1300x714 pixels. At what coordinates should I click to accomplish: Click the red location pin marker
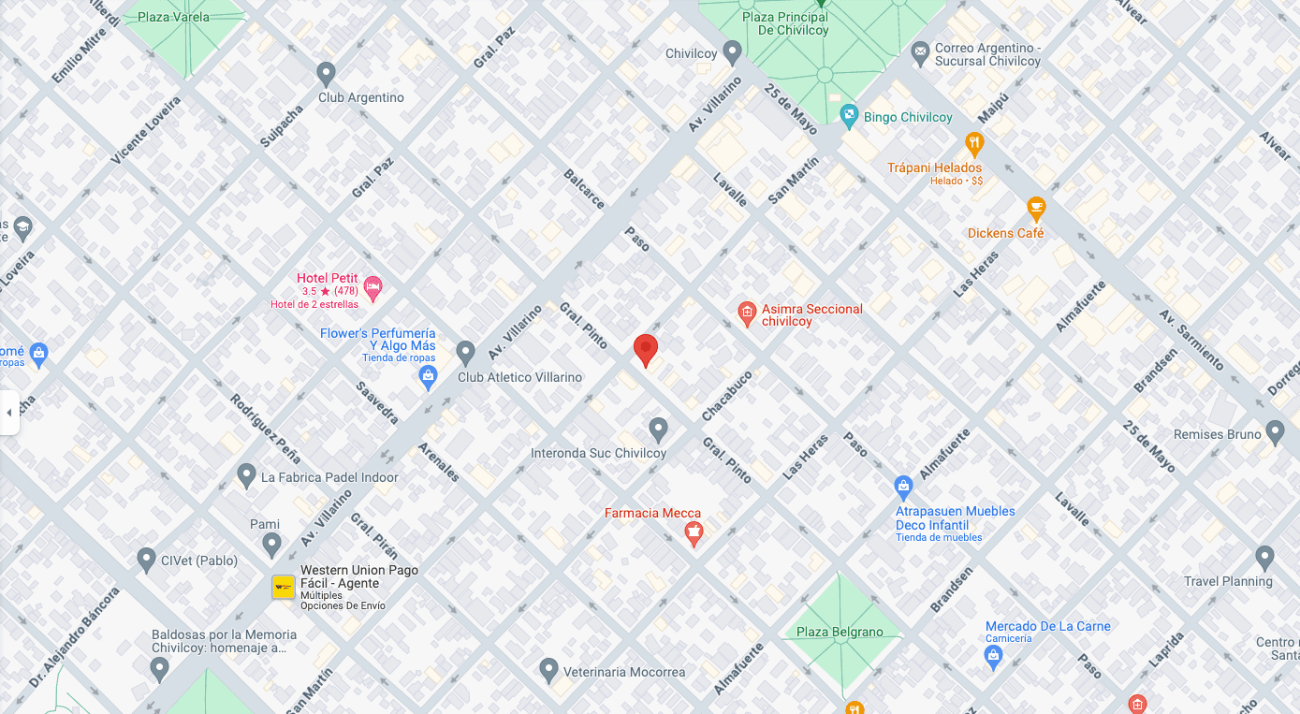pyautogui.click(x=646, y=349)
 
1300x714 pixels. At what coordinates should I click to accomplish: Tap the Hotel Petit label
pyautogui.click(x=327, y=278)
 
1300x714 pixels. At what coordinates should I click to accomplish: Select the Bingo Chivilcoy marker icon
pyautogui.click(x=849, y=117)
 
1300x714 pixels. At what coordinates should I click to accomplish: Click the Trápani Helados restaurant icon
pyautogui.click(x=974, y=144)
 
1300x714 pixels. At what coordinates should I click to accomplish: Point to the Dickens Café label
pyautogui.click(x=1005, y=233)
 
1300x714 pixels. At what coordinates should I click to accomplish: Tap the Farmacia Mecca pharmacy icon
pyautogui.click(x=694, y=534)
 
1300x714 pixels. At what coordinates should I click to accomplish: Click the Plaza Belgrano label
pyautogui.click(x=840, y=632)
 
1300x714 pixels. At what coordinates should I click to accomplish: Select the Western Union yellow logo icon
pyautogui.click(x=284, y=587)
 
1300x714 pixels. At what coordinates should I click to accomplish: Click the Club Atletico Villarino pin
pyautogui.click(x=465, y=354)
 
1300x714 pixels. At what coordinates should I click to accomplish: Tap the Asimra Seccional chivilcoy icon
pyautogui.click(x=746, y=314)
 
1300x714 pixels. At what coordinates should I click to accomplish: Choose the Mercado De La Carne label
pyautogui.click(x=1047, y=626)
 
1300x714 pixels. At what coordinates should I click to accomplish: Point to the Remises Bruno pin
pyautogui.click(x=1275, y=431)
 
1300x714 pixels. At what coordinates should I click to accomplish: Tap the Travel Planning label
pyautogui.click(x=1228, y=581)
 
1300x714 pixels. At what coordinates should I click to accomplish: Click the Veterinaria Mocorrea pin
pyautogui.click(x=549, y=670)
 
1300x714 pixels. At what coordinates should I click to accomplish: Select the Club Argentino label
pyautogui.click(x=361, y=97)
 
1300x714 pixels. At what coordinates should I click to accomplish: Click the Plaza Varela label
pyautogui.click(x=173, y=17)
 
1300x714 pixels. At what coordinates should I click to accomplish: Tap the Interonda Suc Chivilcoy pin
pyautogui.click(x=658, y=430)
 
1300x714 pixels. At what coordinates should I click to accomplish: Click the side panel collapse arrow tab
pyautogui.click(x=9, y=413)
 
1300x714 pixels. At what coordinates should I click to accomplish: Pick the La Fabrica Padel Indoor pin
pyautogui.click(x=246, y=475)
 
